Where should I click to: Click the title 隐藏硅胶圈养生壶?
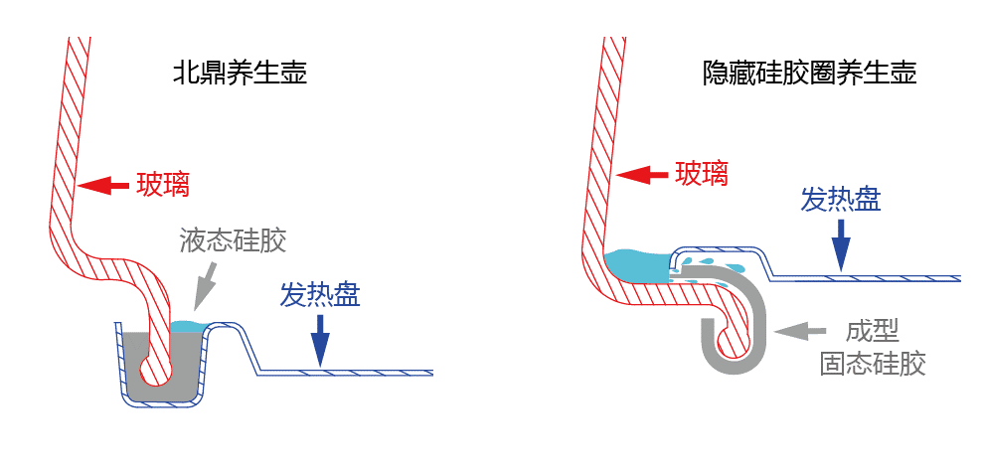click(809, 74)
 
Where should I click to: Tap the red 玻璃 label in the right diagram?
click(702, 174)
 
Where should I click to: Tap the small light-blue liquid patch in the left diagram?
click(186, 326)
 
